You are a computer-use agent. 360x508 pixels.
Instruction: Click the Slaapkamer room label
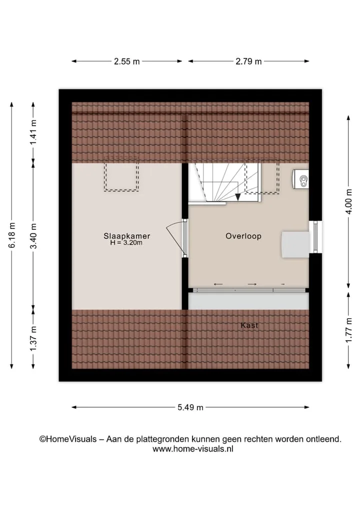127,236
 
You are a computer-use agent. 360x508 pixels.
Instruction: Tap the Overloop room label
243,236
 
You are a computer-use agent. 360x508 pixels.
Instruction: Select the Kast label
249,325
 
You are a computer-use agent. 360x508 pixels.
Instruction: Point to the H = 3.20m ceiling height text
126,242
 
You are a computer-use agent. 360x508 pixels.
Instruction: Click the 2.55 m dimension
127,61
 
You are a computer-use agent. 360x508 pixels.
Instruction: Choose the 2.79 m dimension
249,61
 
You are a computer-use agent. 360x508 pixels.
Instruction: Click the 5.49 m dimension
190,407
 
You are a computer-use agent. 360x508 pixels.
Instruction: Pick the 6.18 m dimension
12,235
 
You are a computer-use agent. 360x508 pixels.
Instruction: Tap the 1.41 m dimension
33,133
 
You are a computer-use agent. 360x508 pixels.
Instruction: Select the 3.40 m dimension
33,236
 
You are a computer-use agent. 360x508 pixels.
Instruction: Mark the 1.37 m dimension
33,339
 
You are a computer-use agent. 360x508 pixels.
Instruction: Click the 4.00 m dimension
348,201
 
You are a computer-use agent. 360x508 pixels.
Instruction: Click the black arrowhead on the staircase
238,197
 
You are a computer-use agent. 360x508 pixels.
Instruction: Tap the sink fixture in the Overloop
300,179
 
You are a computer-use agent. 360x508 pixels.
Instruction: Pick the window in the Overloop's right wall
315,237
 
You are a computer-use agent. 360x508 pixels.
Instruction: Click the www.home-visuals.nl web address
193,449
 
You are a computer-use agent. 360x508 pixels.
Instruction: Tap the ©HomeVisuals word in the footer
68,439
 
